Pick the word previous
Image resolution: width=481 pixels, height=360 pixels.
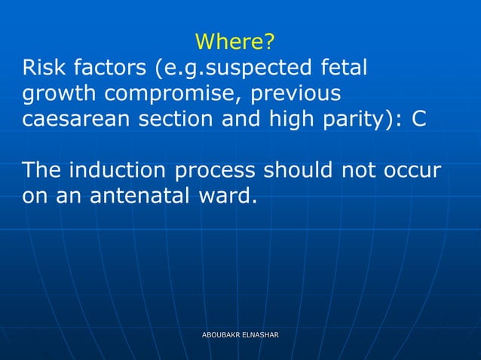click(301, 95)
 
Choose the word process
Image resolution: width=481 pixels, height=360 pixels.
click(219, 169)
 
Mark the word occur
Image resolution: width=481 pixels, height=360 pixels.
click(413, 169)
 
